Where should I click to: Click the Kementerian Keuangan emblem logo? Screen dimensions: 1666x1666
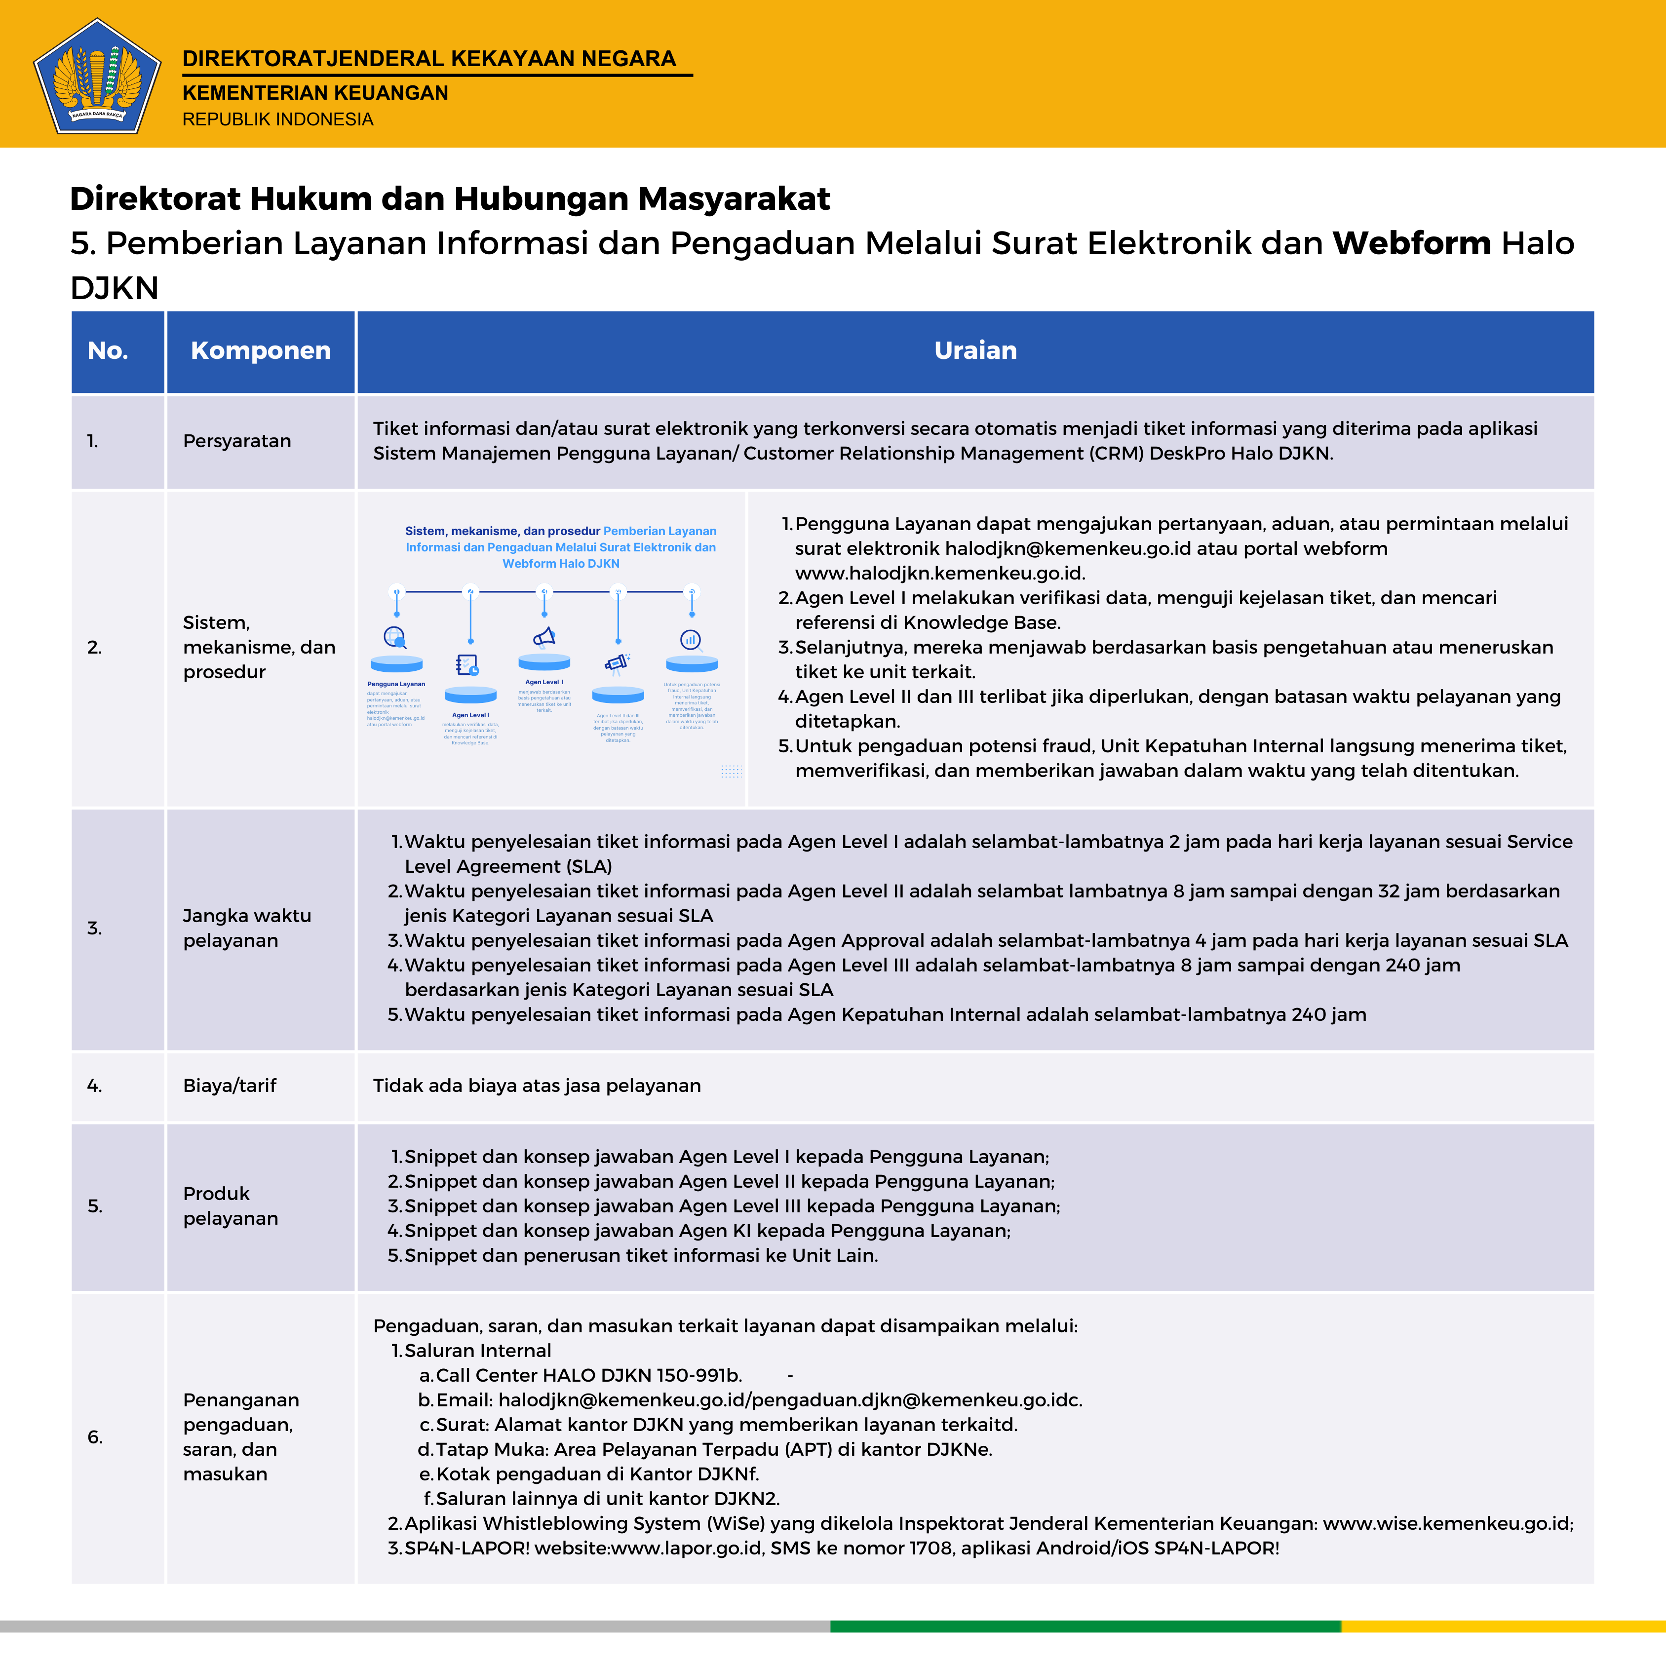[x=97, y=77]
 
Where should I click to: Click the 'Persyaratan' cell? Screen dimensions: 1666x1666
[x=237, y=441]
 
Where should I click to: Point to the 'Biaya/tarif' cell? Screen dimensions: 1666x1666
[x=230, y=1085]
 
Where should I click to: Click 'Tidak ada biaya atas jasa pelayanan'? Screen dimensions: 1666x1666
[x=537, y=1085]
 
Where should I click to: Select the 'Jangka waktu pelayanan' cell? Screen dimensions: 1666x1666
[x=247, y=928]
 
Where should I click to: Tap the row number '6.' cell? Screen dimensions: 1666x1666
[x=95, y=1436]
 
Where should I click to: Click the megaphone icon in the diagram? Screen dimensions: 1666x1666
[x=544, y=637]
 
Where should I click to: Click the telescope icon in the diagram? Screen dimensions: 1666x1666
[x=618, y=662]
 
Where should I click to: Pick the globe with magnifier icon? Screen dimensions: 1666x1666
[x=395, y=637]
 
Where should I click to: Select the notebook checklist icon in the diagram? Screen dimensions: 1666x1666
[x=467, y=665]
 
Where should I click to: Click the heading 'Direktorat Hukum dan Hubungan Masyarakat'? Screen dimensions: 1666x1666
[x=449, y=198]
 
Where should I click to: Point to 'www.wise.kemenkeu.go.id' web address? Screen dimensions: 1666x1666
[x=1446, y=1524]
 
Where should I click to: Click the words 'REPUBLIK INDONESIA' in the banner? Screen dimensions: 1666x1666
[x=277, y=119]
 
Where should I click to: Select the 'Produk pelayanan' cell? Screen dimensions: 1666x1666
[x=230, y=1205]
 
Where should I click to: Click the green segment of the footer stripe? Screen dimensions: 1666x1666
[x=1085, y=1627]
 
